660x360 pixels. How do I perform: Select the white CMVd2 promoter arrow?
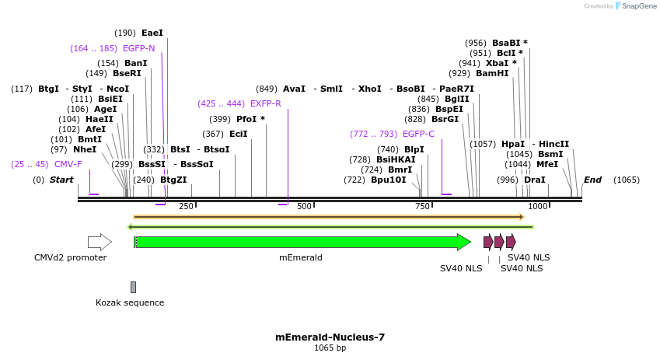click(99, 242)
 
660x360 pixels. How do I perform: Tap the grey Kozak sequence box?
click(133, 287)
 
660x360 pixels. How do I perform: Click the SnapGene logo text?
click(638, 6)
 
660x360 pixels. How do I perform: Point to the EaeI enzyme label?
click(152, 33)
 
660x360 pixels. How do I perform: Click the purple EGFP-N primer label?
click(138, 48)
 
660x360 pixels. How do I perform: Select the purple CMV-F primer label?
click(68, 165)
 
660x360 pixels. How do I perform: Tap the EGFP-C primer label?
click(418, 134)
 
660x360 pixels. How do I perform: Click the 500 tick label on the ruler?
click(304, 206)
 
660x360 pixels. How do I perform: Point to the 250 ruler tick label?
click(186, 206)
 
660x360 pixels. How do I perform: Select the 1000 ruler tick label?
click(537, 206)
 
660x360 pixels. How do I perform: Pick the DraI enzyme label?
click(534, 180)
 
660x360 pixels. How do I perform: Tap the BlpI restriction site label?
click(414, 149)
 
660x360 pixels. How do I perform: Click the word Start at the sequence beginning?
click(61, 180)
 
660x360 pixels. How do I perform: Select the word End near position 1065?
click(592, 180)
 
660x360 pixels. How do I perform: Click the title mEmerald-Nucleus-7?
click(330, 337)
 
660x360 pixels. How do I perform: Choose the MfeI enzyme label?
click(547, 164)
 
